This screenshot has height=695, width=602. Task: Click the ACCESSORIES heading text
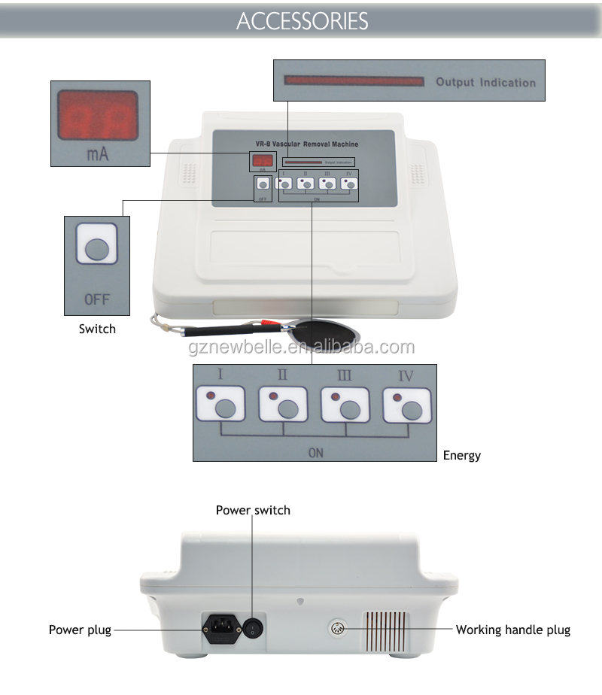pos(302,20)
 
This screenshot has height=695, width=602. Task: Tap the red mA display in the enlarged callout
pos(98,117)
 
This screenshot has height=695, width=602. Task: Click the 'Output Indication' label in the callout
pos(485,82)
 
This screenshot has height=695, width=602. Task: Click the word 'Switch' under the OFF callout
pos(98,329)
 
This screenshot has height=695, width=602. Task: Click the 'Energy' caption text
pos(461,455)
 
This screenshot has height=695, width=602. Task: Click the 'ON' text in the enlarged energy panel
pos(315,453)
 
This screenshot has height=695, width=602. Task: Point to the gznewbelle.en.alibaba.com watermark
pos(301,347)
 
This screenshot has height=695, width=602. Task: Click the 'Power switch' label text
pos(253,510)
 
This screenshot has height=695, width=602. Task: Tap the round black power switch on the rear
pos(251,626)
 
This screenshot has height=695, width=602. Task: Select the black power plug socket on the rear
pos(221,627)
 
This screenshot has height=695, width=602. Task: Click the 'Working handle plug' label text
pos(513,630)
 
